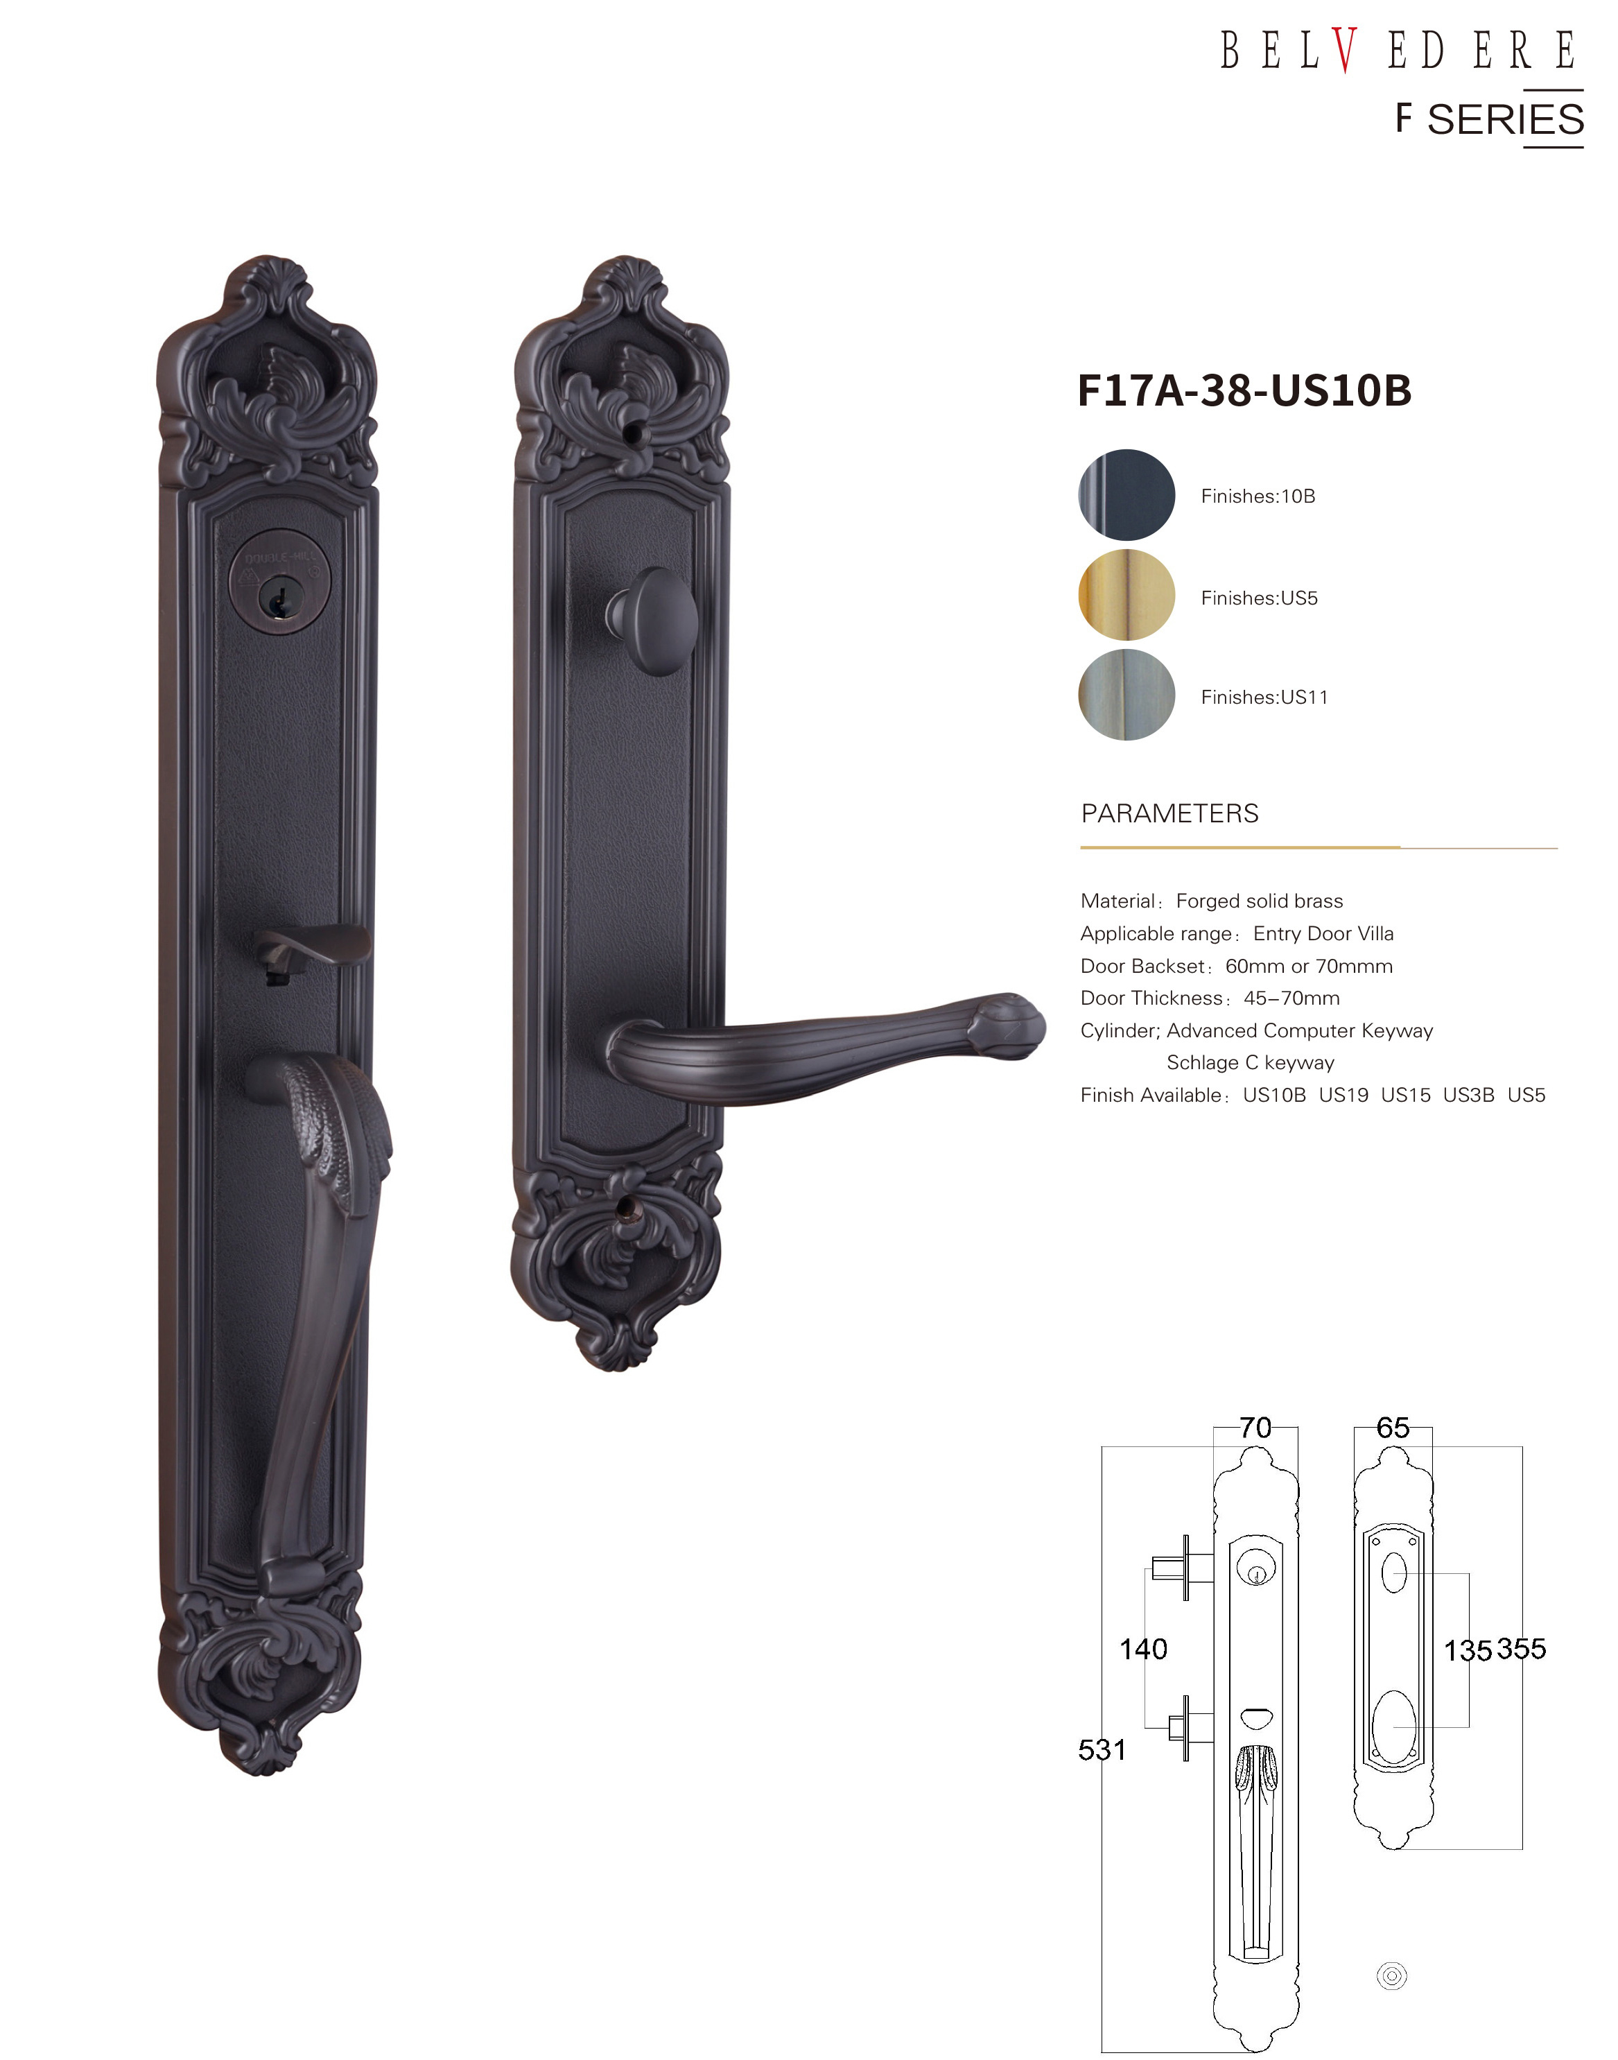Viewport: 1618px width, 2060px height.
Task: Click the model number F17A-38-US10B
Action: [1245, 390]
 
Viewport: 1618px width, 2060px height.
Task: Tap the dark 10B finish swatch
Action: [1126, 494]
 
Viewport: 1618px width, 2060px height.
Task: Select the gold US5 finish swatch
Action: [1126, 595]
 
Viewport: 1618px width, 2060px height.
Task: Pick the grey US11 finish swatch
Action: [1126, 695]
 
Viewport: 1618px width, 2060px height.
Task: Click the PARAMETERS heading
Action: [1170, 813]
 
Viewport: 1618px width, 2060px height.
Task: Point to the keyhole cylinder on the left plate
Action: [280, 575]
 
